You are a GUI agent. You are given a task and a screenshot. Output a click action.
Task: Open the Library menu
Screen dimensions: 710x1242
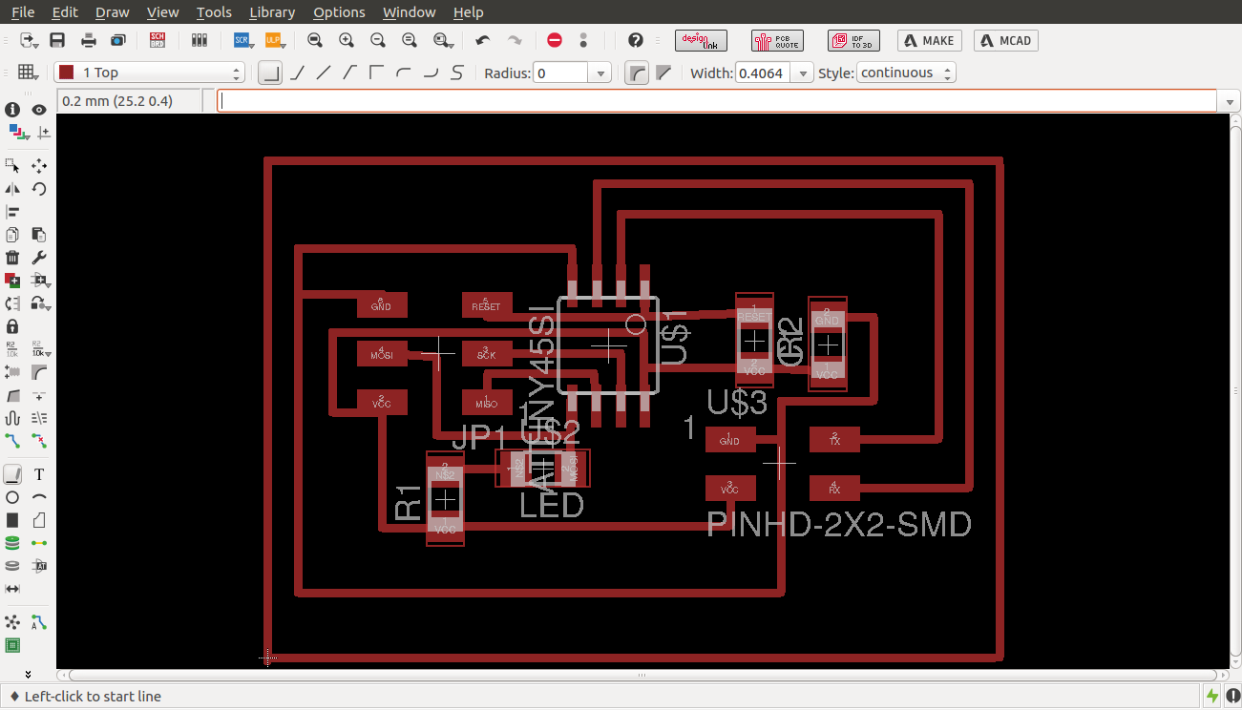pos(271,12)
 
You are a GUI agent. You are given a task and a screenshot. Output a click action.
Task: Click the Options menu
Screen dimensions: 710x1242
pos(339,12)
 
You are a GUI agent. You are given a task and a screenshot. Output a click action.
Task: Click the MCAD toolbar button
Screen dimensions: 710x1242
pos(1005,40)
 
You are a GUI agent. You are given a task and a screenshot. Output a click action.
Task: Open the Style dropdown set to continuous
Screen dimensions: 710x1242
pos(906,73)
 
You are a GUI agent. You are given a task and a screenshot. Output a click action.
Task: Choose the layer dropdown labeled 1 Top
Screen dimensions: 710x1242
pos(149,73)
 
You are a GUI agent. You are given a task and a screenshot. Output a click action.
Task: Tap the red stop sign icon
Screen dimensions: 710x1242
pos(555,40)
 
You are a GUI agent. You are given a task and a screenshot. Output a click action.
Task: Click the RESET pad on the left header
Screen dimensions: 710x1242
pos(486,305)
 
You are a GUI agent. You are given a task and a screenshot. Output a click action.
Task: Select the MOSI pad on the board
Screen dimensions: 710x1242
pos(381,354)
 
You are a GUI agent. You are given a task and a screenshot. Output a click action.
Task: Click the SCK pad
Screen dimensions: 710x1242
pos(486,354)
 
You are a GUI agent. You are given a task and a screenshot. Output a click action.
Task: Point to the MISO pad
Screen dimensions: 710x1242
pos(486,403)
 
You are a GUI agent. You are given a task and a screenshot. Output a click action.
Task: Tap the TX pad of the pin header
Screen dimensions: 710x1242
pos(834,440)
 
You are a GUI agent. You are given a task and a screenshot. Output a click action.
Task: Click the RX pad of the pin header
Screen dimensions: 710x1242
pos(834,489)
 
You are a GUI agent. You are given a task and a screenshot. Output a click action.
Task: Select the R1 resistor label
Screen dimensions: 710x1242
pos(408,502)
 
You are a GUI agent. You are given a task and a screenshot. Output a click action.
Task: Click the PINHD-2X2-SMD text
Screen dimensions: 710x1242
pos(839,525)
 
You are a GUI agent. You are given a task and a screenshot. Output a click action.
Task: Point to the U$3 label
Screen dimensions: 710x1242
pos(737,403)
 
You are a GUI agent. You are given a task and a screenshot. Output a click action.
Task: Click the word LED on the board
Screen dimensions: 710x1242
pos(551,505)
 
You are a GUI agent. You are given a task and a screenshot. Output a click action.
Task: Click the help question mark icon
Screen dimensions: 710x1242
pos(636,40)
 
